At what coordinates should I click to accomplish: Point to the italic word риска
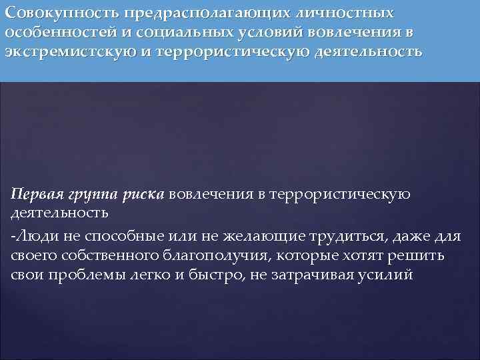[x=143, y=195]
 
